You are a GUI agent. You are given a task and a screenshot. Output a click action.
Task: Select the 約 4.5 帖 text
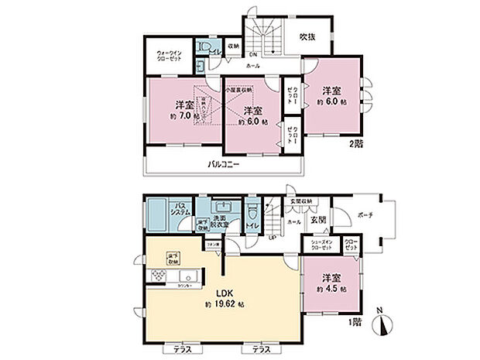pyautogui.click(x=331, y=289)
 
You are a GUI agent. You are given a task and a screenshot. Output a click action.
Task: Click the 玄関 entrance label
pyautogui.click(x=318, y=220)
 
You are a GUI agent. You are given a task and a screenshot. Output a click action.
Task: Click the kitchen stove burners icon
pyautogui.click(x=160, y=276)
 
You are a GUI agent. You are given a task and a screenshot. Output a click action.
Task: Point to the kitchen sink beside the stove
pyautogui.click(x=189, y=276)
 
